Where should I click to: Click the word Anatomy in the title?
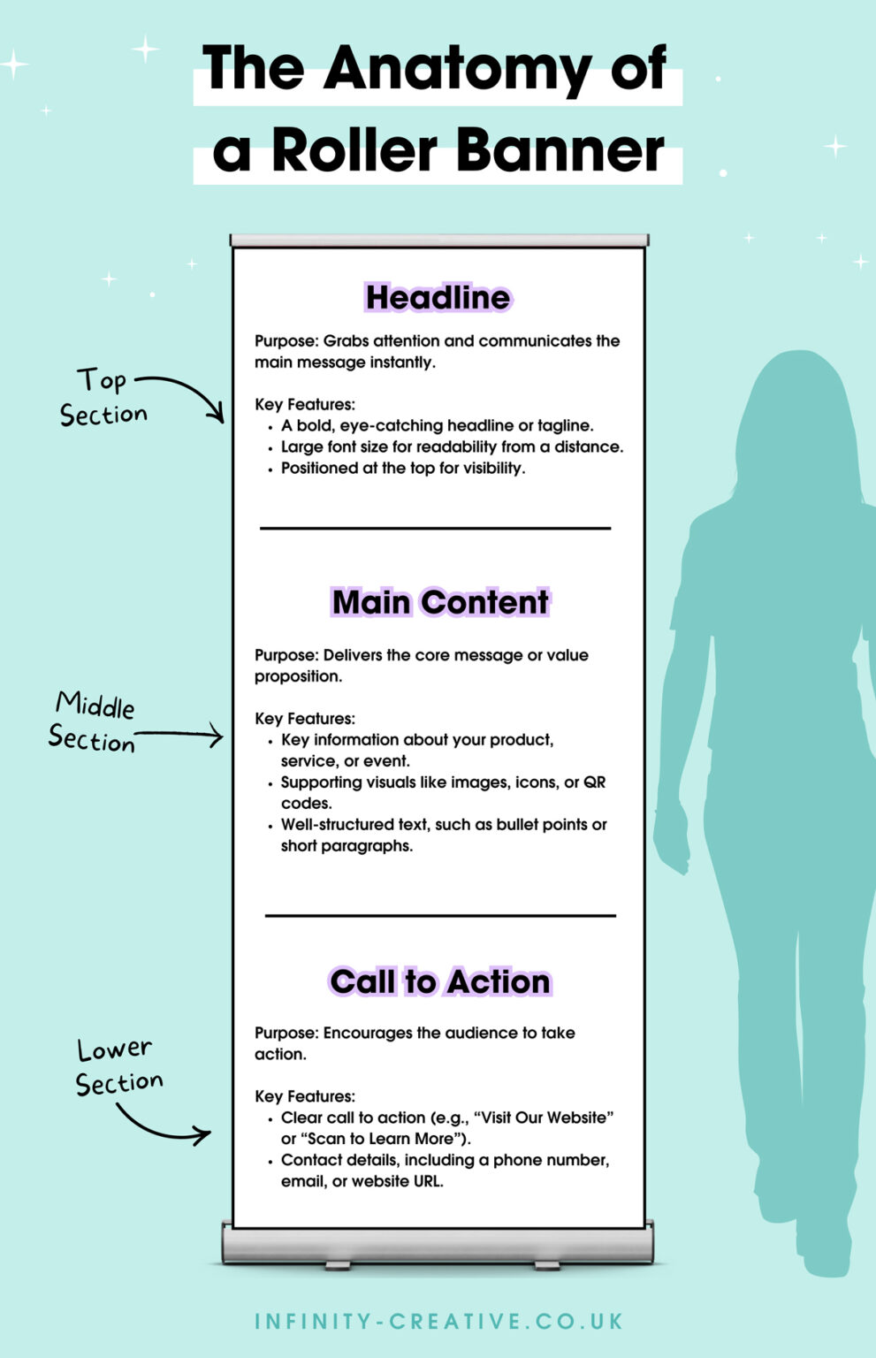tap(457, 72)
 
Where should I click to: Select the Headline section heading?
tap(438, 298)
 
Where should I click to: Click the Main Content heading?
tap(440, 603)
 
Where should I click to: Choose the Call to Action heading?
tap(440, 981)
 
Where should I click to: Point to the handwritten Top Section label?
tap(103, 398)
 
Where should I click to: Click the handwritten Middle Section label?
tap(92, 722)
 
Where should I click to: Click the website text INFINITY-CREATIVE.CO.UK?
tap(438, 1322)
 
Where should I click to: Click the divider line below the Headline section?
tap(435, 529)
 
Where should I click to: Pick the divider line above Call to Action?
tap(440, 915)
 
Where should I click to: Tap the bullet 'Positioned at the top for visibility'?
tap(402, 469)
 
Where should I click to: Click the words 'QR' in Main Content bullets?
tap(595, 782)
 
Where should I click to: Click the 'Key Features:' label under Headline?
tap(305, 404)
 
